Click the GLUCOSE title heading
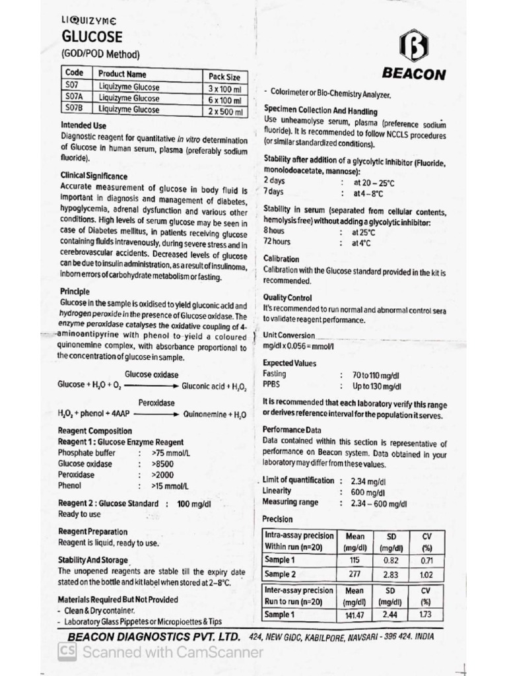[x=92, y=37]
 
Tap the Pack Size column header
[x=224, y=76]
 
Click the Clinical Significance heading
[x=94, y=177]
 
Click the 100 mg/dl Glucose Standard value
[x=193, y=504]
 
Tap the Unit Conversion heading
[x=288, y=335]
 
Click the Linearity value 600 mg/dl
[x=367, y=492]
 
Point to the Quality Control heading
[x=287, y=297]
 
